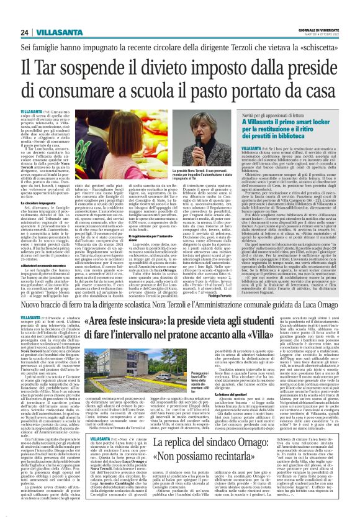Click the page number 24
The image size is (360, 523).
pyautogui.click(x=24, y=32)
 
